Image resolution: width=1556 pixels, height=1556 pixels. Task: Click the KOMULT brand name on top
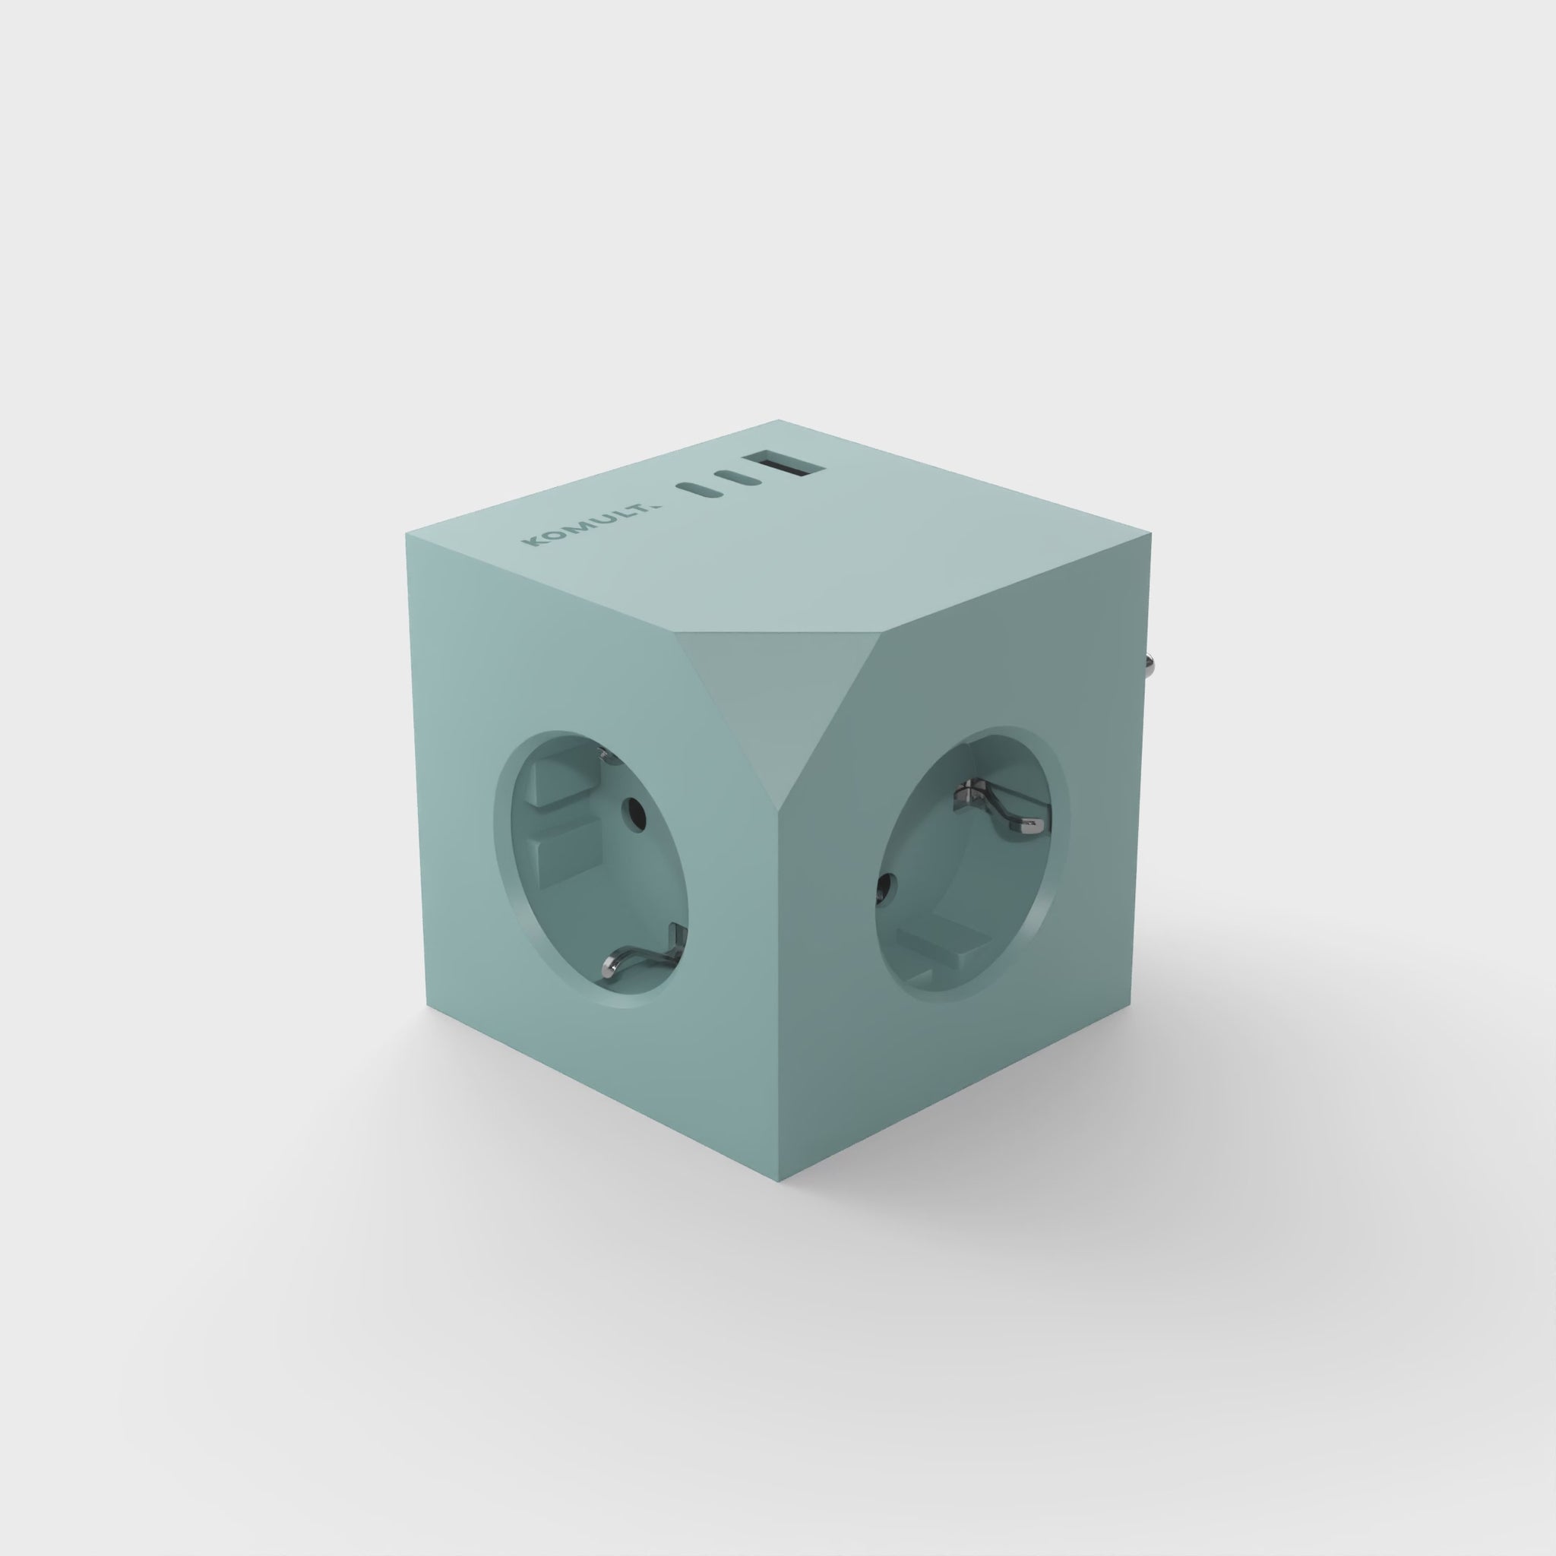tap(590, 523)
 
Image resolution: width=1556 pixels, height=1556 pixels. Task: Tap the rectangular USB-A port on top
tap(774, 466)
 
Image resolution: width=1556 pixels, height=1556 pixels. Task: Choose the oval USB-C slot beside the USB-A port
tap(738, 477)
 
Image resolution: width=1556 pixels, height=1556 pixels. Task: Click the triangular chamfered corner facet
tap(757, 685)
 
